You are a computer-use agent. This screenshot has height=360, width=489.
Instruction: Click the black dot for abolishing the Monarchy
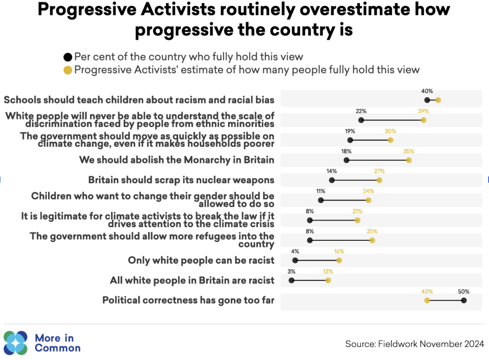[346, 160]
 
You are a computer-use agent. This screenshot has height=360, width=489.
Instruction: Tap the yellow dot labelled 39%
[423, 120]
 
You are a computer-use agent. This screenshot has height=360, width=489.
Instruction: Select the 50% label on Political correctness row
[464, 292]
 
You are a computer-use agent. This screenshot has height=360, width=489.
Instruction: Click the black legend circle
[68, 57]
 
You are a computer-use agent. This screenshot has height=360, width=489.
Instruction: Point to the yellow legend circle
[68, 70]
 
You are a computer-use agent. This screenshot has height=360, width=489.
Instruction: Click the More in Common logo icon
[16, 342]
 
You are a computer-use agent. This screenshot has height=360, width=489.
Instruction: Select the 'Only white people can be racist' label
[201, 260]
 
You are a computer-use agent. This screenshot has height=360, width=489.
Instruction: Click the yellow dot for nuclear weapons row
[379, 180]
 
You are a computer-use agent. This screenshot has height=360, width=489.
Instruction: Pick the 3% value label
[292, 271]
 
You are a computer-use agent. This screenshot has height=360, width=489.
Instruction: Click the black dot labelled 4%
[295, 260]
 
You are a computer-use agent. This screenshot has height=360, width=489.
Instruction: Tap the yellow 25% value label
[372, 231]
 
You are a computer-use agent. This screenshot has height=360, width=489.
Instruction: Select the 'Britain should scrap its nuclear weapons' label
[181, 180]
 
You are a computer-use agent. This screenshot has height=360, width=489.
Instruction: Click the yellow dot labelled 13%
[328, 280]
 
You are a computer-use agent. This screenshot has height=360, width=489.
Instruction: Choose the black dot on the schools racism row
[427, 100]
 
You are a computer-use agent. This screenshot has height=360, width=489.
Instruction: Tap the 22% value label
[361, 111]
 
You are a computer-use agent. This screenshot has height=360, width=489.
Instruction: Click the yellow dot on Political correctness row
[427, 300]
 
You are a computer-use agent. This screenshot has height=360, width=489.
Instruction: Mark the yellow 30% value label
[390, 131]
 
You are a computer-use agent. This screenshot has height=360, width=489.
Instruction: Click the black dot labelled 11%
[321, 200]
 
